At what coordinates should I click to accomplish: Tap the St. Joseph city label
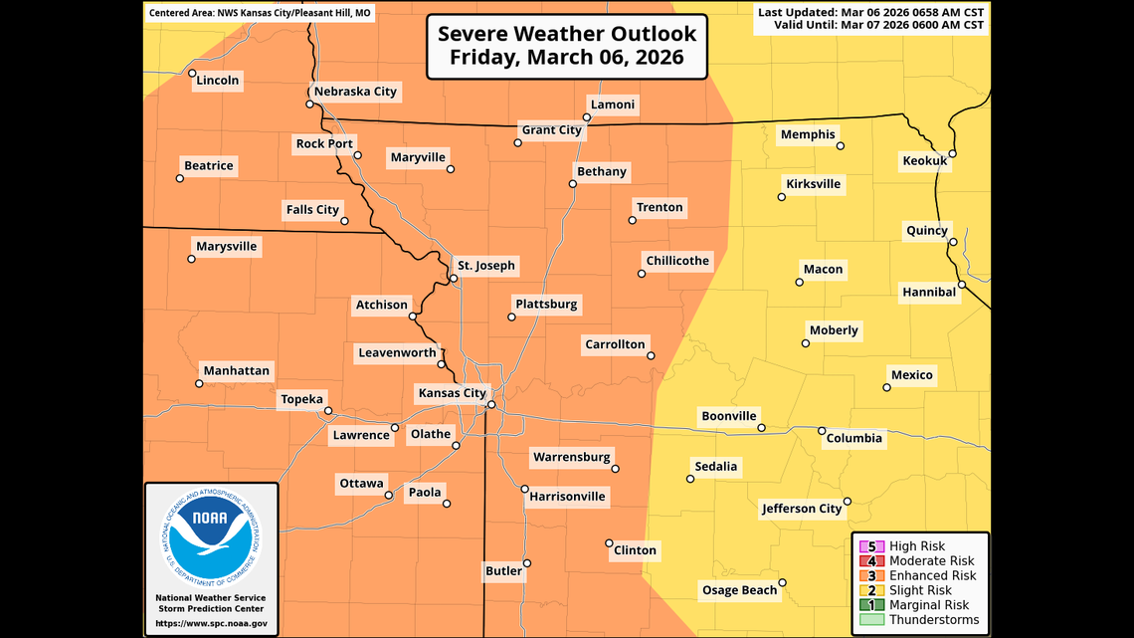coord(485,266)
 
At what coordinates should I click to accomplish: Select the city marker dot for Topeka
coord(328,411)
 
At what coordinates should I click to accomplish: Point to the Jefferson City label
coord(802,509)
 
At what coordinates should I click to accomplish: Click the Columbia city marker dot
coord(822,431)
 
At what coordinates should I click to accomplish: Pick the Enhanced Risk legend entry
coord(932,575)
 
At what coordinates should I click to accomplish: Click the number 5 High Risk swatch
coord(871,546)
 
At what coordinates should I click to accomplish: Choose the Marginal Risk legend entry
coord(928,605)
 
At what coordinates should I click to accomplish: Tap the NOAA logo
coord(211,536)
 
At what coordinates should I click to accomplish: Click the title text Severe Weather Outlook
coord(567,34)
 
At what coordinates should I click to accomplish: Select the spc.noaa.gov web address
coord(211,624)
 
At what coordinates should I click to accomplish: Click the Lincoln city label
coord(218,81)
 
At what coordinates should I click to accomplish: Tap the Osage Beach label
coord(739,590)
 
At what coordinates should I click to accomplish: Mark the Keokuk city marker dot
coord(952,153)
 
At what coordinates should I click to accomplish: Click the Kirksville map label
coord(813,184)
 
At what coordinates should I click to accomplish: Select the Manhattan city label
coord(236,371)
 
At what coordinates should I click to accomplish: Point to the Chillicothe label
coord(677,262)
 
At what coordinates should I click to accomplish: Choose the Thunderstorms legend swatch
coord(871,620)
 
